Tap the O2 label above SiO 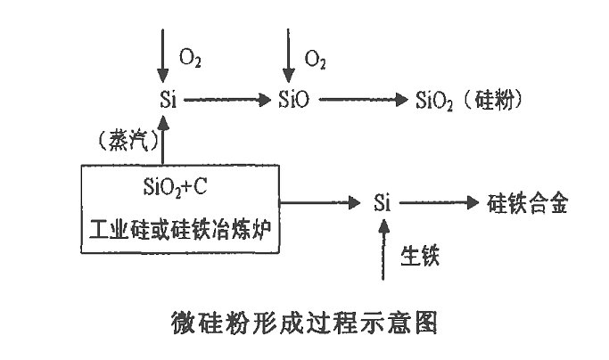316,58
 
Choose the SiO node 293,100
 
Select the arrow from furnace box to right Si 325,203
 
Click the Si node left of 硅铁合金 383,203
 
